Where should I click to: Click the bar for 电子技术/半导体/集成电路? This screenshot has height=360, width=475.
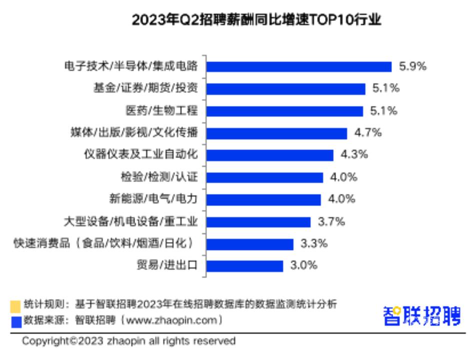[299, 66]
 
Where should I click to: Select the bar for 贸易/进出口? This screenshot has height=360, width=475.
[245, 265]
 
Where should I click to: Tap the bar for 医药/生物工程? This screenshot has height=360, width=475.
[285, 111]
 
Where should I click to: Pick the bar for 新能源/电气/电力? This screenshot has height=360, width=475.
[263, 199]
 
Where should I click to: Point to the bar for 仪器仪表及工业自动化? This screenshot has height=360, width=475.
[270, 155]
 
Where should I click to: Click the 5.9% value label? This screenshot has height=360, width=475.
[412, 66]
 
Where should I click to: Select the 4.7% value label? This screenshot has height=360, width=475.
[368, 133]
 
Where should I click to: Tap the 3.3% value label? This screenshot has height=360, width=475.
[314, 243]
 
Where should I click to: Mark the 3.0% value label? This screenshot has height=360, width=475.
[304, 265]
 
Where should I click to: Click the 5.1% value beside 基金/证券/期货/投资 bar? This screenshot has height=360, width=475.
[386, 89]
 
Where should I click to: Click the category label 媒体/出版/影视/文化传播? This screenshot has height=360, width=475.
[134, 133]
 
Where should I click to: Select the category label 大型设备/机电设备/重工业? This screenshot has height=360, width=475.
[131, 221]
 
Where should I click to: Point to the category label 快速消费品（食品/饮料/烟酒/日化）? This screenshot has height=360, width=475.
[103, 243]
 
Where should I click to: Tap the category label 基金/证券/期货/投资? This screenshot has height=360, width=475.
[145, 89]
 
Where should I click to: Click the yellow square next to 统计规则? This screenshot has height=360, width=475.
[15, 305]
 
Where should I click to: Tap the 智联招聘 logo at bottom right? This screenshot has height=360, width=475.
[421, 316]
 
